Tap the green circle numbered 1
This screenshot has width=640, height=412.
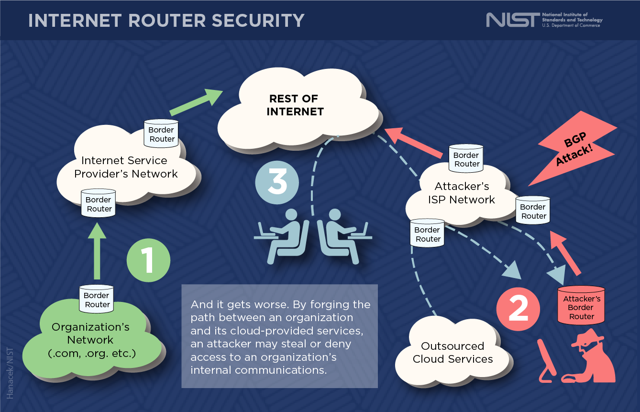click(x=148, y=261)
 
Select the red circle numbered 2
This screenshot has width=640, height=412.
click(x=518, y=309)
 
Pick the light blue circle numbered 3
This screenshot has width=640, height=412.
click(x=277, y=183)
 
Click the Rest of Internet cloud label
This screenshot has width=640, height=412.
click(x=295, y=105)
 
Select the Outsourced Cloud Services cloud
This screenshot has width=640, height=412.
click(x=452, y=353)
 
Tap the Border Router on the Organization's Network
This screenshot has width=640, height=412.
click(x=97, y=299)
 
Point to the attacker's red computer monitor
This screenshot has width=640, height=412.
click(x=546, y=361)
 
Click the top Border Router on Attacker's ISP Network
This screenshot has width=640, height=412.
click(x=466, y=158)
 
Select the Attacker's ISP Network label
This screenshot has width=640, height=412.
click(x=462, y=193)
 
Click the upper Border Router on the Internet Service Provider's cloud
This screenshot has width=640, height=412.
click(x=162, y=134)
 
